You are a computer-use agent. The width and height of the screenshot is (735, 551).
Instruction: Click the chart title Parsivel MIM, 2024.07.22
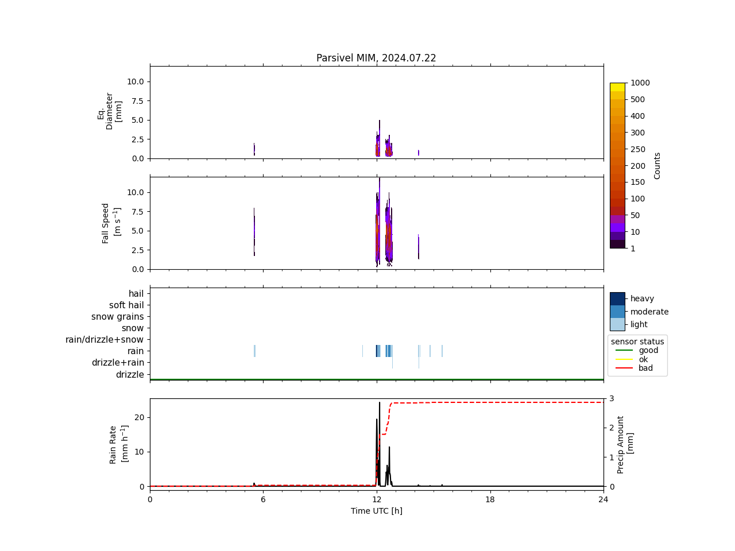pyautogui.click(x=376, y=58)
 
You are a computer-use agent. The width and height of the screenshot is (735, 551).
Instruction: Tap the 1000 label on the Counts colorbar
pyautogui.click(x=640, y=83)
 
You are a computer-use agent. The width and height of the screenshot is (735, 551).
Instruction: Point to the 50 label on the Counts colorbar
pyautogui.click(x=635, y=215)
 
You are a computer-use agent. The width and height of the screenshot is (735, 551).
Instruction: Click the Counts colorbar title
pyautogui.click(x=657, y=165)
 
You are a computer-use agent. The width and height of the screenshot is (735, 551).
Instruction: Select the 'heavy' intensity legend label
pyautogui.click(x=642, y=298)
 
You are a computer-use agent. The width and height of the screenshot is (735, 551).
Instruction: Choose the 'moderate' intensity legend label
pyautogui.click(x=649, y=312)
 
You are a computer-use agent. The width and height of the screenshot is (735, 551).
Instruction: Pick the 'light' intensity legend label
pyautogui.click(x=639, y=324)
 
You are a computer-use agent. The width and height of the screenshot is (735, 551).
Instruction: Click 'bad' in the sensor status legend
pyautogui.click(x=645, y=368)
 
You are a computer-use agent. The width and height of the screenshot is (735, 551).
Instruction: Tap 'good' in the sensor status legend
pyautogui.click(x=648, y=350)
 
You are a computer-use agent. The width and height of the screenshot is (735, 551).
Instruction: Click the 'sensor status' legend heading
pyautogui.click(x=637, y=342)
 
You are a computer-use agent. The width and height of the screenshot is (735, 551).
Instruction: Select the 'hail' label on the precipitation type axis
pyautogui.click(x=136, y=294)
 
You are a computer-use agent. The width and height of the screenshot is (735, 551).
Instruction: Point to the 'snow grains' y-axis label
pyautogui.click(x=118, y=317)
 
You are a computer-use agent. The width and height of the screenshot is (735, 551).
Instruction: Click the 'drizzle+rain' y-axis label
pyautogui.click(x=118, y=363)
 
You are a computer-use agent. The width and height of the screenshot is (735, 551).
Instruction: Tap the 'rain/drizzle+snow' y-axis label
pyautogui.click(x=105, y=340)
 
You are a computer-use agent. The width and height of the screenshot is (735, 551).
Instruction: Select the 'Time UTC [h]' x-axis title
pyautogui.click(x=376, y=511)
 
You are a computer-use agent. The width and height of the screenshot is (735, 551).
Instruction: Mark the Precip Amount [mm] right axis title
pyautogui.click(x=625, y=444)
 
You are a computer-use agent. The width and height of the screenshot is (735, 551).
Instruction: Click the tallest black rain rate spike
pyautogui.click(x=379, y=403)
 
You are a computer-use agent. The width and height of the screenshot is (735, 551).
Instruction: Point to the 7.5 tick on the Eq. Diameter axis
pyautogui.click(x=135, y=101)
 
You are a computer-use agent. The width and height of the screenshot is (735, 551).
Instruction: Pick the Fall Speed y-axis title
pyautogui.click(x=111, y=223)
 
